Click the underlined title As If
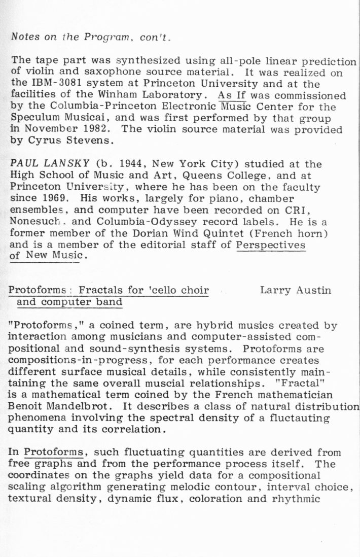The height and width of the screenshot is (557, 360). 231,95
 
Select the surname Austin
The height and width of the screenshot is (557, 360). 313,290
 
